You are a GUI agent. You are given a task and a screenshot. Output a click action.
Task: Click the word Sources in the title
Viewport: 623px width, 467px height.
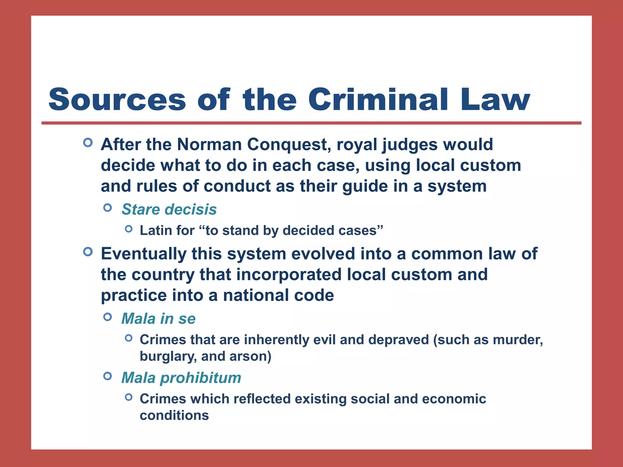click(x=117, y=100)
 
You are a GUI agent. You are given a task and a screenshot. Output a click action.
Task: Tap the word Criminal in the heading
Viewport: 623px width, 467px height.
click(x=378, y=100)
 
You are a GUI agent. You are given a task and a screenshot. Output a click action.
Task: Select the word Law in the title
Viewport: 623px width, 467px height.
click(x=495, y=100)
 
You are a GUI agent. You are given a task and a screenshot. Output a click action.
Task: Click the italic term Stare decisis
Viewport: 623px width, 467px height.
click(x=169, y=209)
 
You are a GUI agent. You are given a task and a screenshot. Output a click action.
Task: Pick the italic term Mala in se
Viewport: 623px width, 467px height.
click(x=158, y=319)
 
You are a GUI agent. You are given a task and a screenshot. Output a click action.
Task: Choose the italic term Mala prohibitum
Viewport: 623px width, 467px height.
click(x=181, y=378)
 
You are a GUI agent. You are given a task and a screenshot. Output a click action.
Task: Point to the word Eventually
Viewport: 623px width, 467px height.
click(x=144, y=254)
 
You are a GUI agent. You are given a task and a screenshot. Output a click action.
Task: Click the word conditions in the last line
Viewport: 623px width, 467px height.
click(x=174, y=415)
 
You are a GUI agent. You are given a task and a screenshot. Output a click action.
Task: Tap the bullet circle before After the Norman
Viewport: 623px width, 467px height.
click(x=88, y=142)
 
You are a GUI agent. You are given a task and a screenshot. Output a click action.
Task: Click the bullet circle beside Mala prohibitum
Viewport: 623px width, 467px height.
click(x=108, y=376)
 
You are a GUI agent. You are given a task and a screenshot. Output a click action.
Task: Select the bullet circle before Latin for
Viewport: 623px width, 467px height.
click(x=129, y=229)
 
